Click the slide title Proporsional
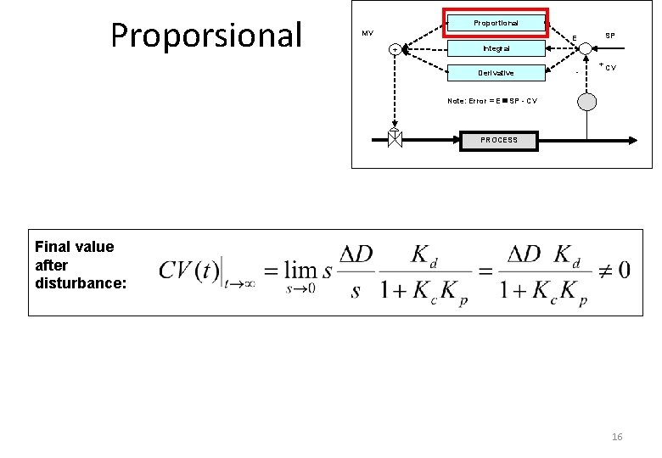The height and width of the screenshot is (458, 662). (206, 35)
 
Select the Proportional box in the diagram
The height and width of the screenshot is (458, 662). (496, 23)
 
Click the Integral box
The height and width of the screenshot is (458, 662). (496, 48)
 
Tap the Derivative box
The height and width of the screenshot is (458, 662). (496, 73)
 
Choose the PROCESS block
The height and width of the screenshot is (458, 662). (498, 139)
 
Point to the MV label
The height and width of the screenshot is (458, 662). (367, 34)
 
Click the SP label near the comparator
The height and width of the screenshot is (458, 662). (609, 36)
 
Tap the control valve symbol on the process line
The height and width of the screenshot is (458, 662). (395, 139)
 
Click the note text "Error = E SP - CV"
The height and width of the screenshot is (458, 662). (491, 101)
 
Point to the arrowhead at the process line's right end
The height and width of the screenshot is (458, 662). (637, 139)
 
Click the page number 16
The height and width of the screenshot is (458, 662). (617, 436)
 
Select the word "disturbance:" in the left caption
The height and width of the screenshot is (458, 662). (81, 282)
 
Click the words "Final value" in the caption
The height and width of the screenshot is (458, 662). (74, 247)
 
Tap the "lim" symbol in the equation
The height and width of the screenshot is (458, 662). (300, 270)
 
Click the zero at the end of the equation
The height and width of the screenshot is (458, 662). (624, 270)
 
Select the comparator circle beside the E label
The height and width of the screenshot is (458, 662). (586, 48)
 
